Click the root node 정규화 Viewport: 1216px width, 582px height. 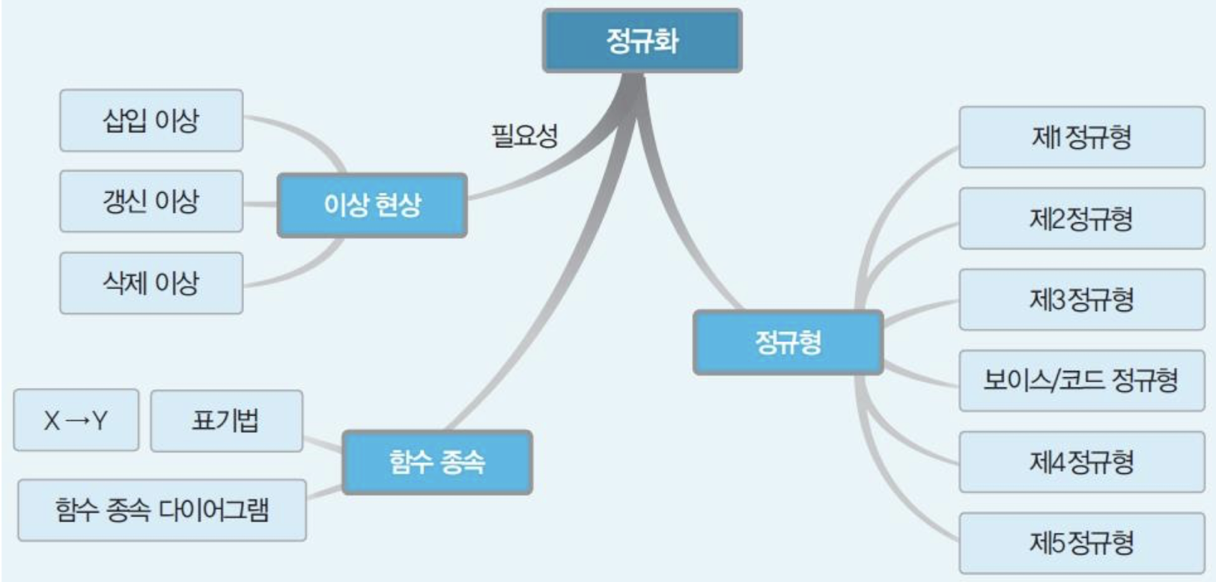pyautogui.click(x=642, y=40)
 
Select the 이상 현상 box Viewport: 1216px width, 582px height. pyautogui.click(x=372, y=205)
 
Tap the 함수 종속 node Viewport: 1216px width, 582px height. pyautogui.click(x=437, y=462)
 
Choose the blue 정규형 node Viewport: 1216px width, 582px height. pyautogui.click(x=788, y=343)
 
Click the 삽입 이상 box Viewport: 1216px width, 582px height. pyautogui.click(x=151, y=120)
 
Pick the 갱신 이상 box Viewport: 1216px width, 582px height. pyautogui.click(x=151, y=201)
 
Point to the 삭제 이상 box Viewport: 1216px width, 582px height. pyautogui.click(x=151, y=283)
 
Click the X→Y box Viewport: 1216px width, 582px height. pyautogui.click(x=76, y=420)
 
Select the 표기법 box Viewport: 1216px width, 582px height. pyautogui.click(x=226, y=420)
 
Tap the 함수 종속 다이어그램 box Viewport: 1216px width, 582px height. pyautogui.click(x=162, y=510)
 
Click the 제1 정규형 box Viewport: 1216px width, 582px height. pyautogui.click(x=1081, y=137)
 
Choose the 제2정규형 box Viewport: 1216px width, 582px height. pyautogui.click(x=1081, y=218)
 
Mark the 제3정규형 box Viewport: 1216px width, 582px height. pyautogui.click(x=1081, y=299)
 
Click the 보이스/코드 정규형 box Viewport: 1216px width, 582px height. pyautogui.click(x=1081, y=381)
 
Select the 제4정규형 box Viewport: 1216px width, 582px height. pyautogui.click(x=1081, y=462)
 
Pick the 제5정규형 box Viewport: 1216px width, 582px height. pyautogui.click(x=1081, y=542)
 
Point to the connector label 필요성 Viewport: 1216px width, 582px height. pyautogui.click(x=524, y=136)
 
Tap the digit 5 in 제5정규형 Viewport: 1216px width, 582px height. pyautogui.click(x=1057, y=542)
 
